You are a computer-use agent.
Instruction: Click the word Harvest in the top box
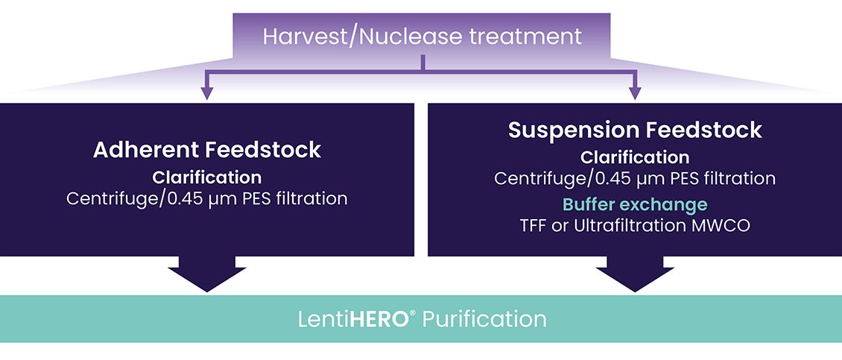(305, 37)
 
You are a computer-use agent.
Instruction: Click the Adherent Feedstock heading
(207, 150)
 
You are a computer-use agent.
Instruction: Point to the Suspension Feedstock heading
(636, 130)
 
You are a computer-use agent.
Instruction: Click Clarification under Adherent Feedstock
(207, 177)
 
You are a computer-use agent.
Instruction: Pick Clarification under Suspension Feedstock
(636, 157)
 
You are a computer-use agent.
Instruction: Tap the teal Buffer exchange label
(636, 205)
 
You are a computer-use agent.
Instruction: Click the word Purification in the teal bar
(484, 319)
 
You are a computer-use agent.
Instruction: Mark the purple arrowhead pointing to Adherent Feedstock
(206, 92)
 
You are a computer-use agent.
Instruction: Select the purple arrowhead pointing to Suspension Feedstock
(636, 92)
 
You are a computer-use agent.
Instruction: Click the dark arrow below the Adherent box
(207, 274)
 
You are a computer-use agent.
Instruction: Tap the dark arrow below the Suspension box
(636, 274)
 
